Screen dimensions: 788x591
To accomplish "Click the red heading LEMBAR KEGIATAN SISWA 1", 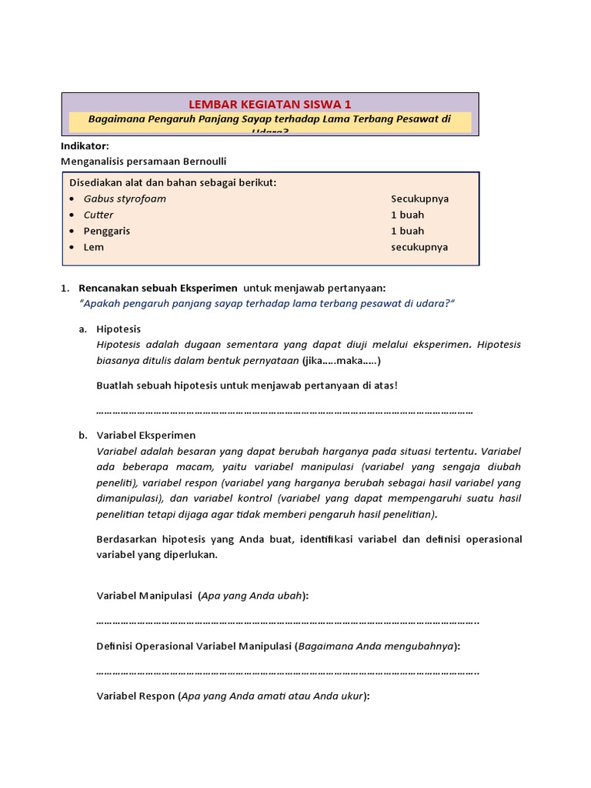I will [269, 104].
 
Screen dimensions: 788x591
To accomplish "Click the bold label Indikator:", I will [85, 145].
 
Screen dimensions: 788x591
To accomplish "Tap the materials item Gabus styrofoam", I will [125, 199].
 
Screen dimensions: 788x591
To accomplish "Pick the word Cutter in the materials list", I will [98, 215].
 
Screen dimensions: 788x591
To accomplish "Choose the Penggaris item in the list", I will [107, 231].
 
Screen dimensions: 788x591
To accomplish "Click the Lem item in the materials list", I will [94, 247].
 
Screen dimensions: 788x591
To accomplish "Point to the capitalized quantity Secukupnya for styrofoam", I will [419, 199].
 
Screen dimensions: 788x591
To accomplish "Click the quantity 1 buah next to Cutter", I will [407, 215].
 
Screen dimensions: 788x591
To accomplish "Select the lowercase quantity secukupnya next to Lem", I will [419, 247].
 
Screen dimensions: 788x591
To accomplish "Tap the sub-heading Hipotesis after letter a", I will [119, 329].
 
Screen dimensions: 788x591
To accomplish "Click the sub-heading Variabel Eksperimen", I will [146, 435].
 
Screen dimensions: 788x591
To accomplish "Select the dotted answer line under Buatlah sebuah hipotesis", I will [285, 411].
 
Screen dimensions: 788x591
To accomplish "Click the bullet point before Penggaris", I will [72, 231].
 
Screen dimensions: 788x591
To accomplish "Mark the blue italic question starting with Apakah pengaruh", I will [266, 303].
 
